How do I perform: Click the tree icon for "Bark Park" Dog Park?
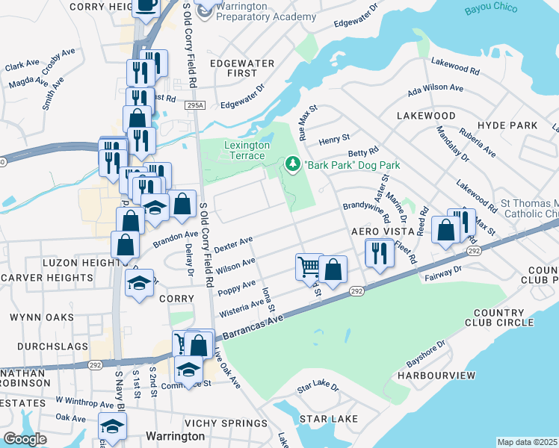pos(293,164)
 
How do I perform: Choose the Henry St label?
pos(334,139)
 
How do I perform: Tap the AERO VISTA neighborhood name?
pos(383,233)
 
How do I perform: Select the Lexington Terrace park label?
pos(245,149)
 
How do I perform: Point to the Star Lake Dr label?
pos(318,389)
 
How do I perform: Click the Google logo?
pos(25,438)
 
